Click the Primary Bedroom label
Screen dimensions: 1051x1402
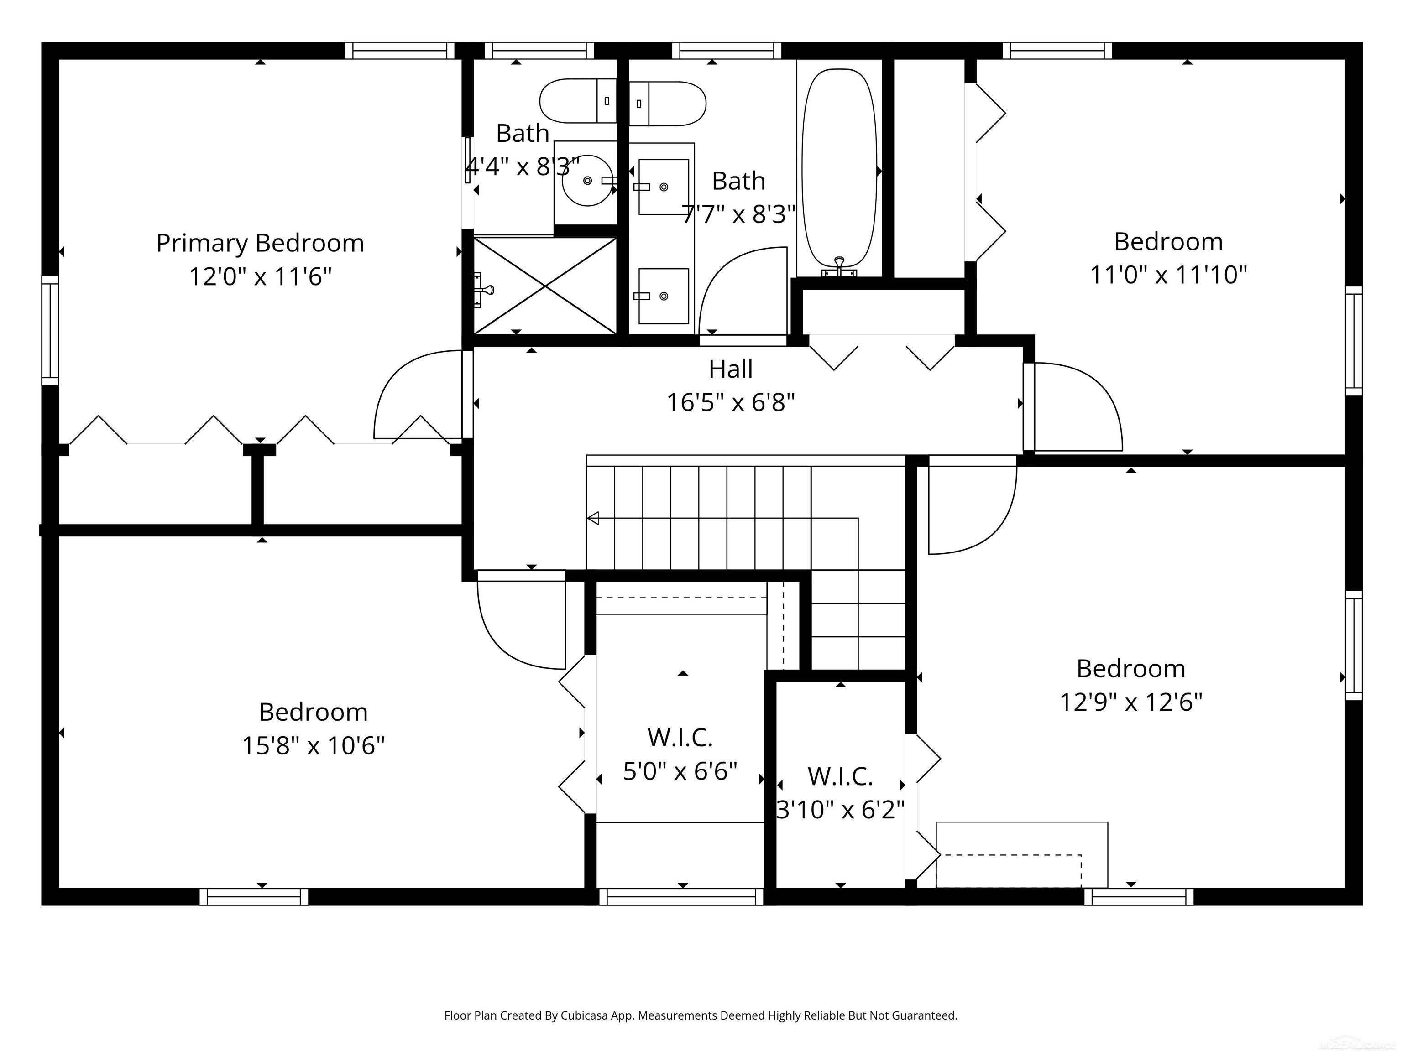click(x=260, y=243)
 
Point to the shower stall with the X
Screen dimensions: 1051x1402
click(x=545, y=286)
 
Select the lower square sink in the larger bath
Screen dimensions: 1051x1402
click(x=663, y=296)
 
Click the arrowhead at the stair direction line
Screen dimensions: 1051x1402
click(x=593, y=518)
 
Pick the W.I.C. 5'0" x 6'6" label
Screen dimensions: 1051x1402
click(x=680, y=738)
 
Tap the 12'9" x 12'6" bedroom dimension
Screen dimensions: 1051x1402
click(x=1131, y=702)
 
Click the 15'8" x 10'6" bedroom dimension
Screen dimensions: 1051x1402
click(x=313, y=746)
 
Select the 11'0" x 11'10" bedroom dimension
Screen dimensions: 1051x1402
click(x=1168, y=275)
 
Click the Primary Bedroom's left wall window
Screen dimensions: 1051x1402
click(x=50, y=330)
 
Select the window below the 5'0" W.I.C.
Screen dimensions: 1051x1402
click(x=681, y=896)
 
